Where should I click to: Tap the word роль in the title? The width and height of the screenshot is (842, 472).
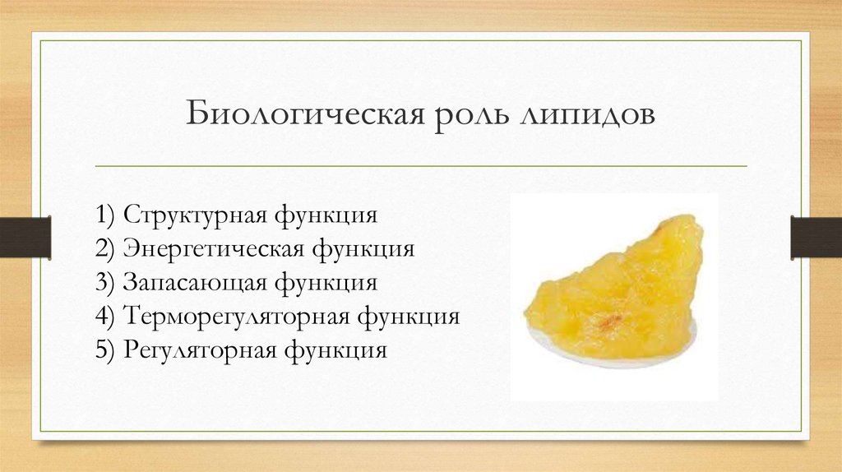472,114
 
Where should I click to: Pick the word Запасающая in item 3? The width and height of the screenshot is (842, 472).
195,283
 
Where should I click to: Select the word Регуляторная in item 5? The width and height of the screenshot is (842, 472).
199,350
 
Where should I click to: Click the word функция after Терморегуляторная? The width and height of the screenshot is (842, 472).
409,317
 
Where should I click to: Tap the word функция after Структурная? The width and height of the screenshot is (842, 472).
326,215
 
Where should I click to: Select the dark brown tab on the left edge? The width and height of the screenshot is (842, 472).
25,238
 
